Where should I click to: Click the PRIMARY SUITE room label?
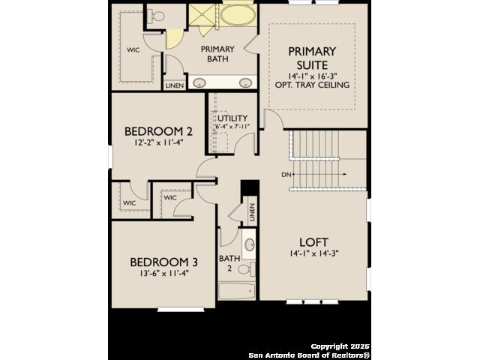[x=312, y=58]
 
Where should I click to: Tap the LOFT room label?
[x=313, y=242]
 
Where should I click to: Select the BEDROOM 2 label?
[x=158, y=131]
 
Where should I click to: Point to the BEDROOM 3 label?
[x=163, y=262]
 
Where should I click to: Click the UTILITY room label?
[x=232, y=118]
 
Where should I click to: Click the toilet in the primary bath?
[x=156, y=16]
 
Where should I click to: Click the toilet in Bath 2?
[x=246, y=270]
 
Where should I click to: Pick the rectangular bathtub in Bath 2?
[x=237, y=291]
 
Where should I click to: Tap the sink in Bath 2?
[x=250, y=244]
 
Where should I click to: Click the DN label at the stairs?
[x=286, y=175]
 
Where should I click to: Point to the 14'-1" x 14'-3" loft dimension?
[x=314, y=253]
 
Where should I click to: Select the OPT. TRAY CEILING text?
[x=312, y=85]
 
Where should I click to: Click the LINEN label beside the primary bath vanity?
[x=175, y=86]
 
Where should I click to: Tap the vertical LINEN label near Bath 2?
[x=252, y=212]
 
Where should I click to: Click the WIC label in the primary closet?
[x=133, y=49]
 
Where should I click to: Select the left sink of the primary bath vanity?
[x=199, y=82]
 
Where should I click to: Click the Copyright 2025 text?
[x=340, y=346]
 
